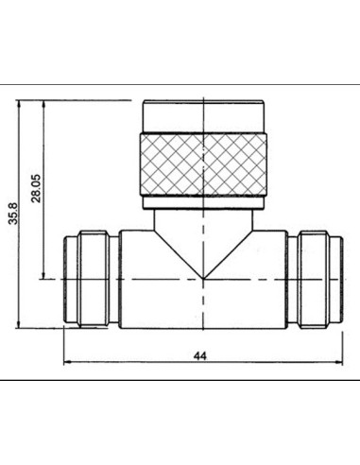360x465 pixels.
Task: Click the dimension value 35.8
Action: (13, 214)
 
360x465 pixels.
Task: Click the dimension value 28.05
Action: (36, 188)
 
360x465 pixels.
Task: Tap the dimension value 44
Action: (200, 356)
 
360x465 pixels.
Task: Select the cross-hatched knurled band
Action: (203, 164)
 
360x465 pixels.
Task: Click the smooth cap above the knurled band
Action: (203, 115)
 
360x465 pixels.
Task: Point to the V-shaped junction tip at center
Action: (203, 279)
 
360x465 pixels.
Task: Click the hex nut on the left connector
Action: (94, 279)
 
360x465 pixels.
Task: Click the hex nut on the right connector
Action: (315, 280)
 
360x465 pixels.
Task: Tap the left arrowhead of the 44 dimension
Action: (67, 363)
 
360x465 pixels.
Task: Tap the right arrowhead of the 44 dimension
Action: (339, 363)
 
